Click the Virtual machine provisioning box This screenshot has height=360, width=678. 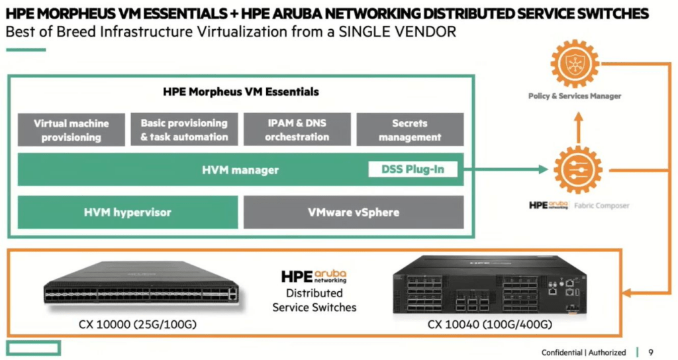(x=72, y=130)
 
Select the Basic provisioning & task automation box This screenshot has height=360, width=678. (x=184, y=130)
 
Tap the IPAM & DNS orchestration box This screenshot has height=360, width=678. (x=297, y=130)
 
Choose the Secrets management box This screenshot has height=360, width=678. (x=410, y=130)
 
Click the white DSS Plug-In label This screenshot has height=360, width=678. (x=412, y=169)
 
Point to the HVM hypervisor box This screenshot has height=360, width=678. (x=128, y=212)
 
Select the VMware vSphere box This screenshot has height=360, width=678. (x=354, y=212)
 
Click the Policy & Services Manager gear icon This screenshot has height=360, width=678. (x=575, y=64)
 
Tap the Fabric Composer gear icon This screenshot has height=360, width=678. (x=577, y=169)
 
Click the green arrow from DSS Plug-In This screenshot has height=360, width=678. (x=506, y=169)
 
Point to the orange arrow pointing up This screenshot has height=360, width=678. (x=579, y=128)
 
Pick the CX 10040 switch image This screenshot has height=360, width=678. (x=490, y=285)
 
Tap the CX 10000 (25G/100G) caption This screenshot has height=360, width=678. (x=138, y=324)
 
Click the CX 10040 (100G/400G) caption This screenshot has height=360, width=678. (x=490, y=324)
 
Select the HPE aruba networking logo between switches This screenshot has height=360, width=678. (x=314, y=277)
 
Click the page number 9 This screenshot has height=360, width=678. (x=651, y=352)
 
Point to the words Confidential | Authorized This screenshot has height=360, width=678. (x=583, y=353)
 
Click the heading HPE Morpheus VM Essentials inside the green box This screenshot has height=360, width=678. (x=241, y=91)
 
